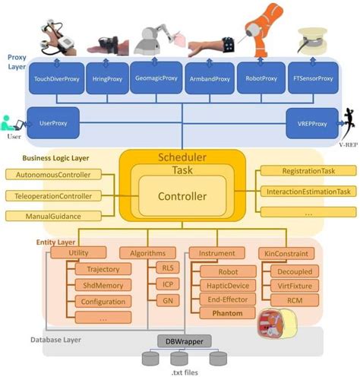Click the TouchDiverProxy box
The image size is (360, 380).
55,78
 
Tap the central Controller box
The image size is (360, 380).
182,196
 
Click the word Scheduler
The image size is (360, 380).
182,157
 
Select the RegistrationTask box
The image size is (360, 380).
307,172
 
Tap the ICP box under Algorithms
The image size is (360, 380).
166,285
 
